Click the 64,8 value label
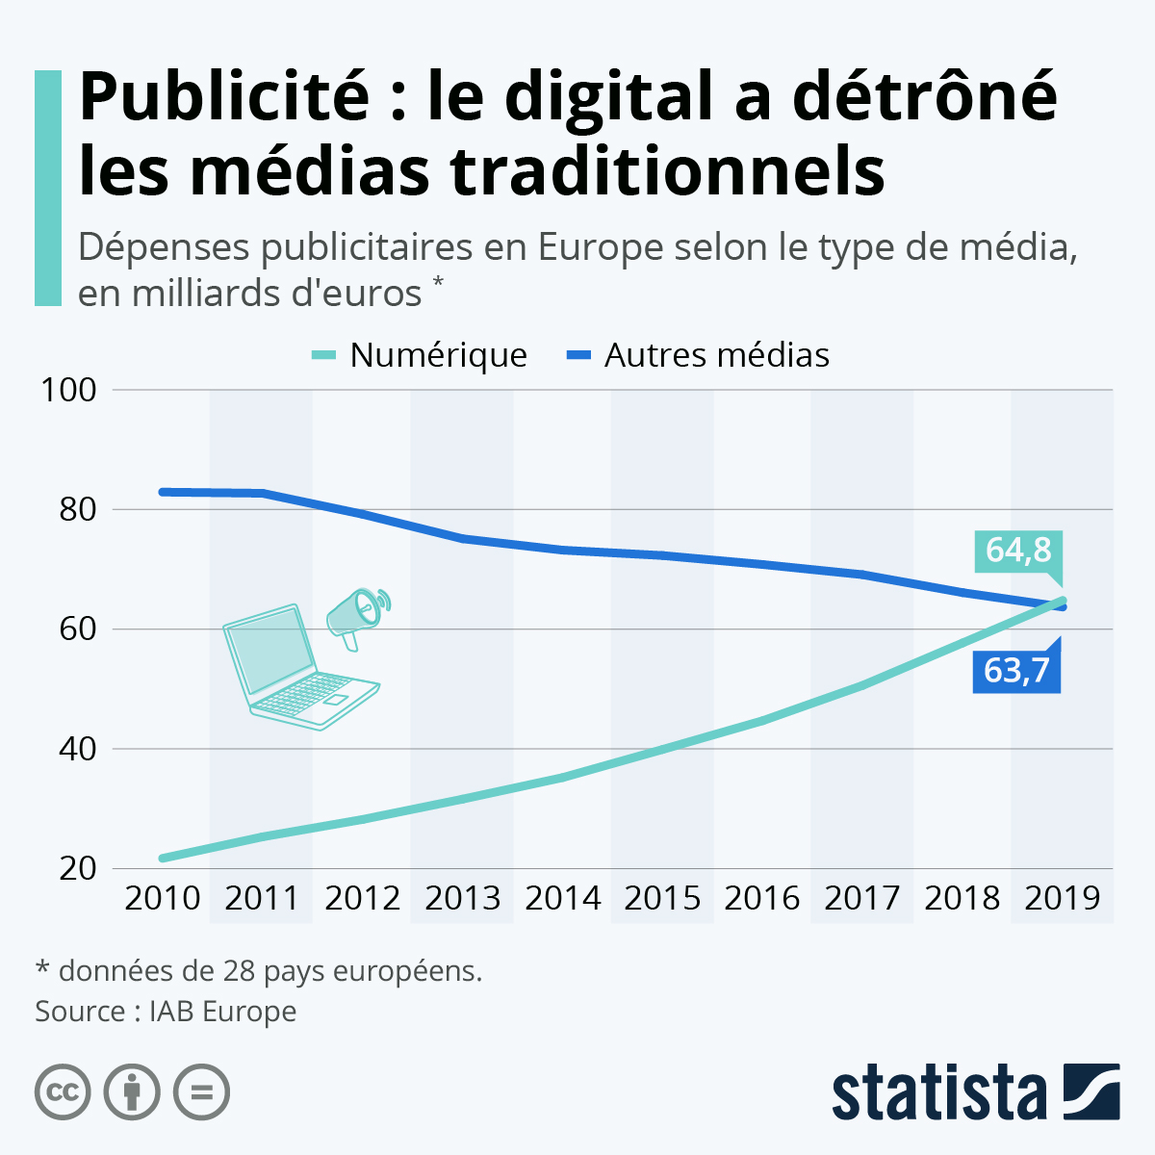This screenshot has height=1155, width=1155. tap(1017, 551)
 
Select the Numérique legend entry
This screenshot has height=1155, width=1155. tap(438, 355)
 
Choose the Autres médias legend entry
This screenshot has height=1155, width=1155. tap(716, 355)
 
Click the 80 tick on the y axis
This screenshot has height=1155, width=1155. tap(78, 509)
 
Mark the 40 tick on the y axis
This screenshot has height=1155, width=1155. tap(78, 749)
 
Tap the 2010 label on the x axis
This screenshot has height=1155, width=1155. tap(163, 898)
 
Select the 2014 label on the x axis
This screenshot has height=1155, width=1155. tap(563, 898)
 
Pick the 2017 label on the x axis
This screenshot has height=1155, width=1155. tap(862, 898)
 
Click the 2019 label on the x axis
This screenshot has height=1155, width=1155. tap(1062, 898)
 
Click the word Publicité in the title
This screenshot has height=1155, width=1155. tap(224, 96)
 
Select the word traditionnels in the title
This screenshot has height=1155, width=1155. tap(667, 171)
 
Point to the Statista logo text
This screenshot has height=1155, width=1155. tap(938, 1093)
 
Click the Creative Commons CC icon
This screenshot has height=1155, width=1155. tap(63, 1092)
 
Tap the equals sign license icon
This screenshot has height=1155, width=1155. tap(201, 1092)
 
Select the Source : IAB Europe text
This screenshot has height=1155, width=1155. tap(166, 1012)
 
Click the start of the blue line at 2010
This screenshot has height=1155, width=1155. tap(163, 492)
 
